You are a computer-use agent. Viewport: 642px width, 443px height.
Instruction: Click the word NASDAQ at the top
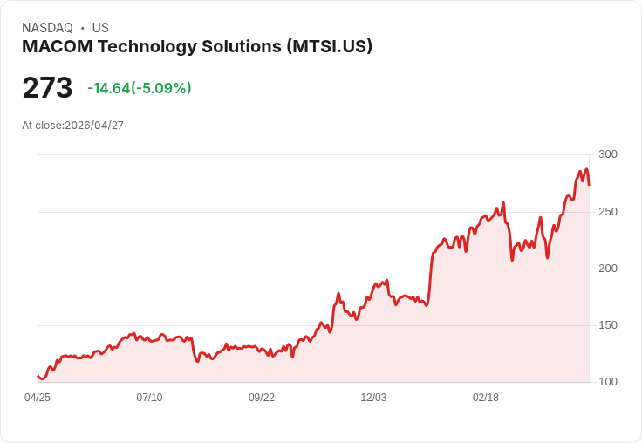[47, 28]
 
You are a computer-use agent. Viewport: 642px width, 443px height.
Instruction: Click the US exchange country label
[100, 28]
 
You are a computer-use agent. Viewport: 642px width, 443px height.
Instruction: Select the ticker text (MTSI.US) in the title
[329, 47]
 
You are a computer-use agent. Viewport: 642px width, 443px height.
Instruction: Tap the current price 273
[47, 88]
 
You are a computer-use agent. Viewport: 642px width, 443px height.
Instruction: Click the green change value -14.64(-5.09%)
[140, 88]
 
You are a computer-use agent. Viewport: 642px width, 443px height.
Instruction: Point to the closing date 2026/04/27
[94, 126]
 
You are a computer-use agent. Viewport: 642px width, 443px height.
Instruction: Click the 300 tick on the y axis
[607, 154]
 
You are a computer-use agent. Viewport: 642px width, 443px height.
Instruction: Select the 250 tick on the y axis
[607, 211]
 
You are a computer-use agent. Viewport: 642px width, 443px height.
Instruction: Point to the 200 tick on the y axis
[607, 268]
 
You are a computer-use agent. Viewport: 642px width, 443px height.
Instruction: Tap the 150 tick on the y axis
[607, 325]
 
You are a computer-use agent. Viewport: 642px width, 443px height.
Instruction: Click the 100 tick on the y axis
[607, 382]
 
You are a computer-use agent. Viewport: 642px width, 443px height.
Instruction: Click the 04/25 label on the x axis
[38, 398]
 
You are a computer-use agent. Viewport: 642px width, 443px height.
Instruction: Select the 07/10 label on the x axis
[149, 398]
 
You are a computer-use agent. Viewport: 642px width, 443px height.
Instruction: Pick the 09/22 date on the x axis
[262, 398]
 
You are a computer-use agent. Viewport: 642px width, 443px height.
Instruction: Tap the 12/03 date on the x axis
[373, 398]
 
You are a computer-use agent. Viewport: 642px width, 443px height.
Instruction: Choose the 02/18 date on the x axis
[486, 398]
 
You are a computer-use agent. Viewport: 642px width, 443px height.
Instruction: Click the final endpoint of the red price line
[589, 184]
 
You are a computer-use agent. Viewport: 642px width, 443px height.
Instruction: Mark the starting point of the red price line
[38, 376]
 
